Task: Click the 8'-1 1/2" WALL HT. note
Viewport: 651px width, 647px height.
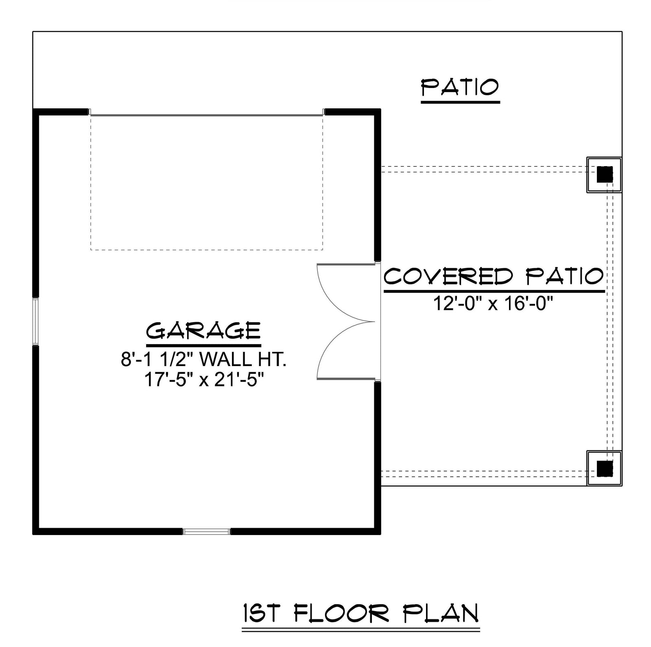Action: [x=203, y=360]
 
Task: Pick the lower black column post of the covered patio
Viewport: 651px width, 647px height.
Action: [x=605, y=468]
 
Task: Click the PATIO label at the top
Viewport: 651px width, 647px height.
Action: [x=460, y=87]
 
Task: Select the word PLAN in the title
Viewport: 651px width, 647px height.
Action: [x=441, y=613]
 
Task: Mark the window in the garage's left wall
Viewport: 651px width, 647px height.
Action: [x=36, y=321]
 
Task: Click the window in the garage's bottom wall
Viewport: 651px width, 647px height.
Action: [x=206, y=531]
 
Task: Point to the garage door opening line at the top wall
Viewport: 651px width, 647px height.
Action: [x=207, y=115]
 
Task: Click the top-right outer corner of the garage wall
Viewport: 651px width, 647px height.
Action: [x=381, y=109]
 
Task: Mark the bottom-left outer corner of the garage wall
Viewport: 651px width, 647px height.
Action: [x=33, y=534]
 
